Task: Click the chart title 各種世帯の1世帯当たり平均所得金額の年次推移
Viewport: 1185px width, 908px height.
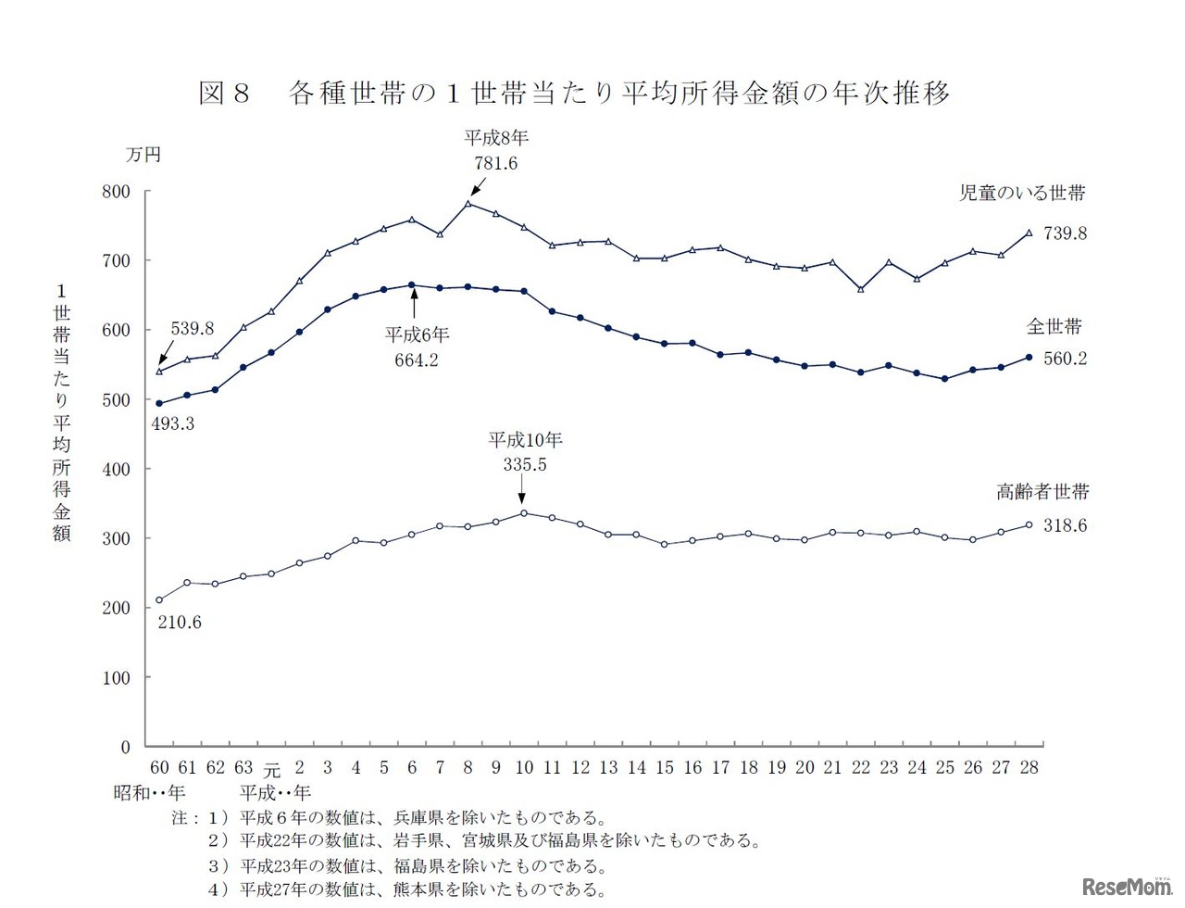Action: click(618, 93)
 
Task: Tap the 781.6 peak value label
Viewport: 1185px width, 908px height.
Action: click(495, 163)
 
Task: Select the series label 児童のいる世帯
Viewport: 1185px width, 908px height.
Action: click(1021, 193)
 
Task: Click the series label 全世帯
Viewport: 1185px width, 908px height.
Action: click(1054, 326)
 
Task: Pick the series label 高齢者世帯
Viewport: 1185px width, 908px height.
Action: click(1042, 492)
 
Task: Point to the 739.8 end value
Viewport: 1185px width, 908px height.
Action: click(1065, 233)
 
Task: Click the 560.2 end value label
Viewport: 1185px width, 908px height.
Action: click(1065, 358)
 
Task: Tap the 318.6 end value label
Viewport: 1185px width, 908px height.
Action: click(1065, 525)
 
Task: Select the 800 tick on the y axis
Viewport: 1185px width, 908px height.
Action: click(118, 192)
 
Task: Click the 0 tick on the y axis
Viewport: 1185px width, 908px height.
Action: click(126, 747)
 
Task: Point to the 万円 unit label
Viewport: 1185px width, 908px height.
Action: click(143, 155)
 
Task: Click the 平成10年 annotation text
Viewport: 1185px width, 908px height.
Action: click(525, 440)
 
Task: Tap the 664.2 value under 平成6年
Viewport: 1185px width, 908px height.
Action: click(417, 359)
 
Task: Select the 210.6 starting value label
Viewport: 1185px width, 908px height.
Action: click(180, 623)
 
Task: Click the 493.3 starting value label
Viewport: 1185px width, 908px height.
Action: click(172, 425)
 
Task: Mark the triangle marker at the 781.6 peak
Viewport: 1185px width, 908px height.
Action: click(468, 204)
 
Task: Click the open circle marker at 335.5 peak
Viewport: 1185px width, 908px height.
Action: click(524, 513)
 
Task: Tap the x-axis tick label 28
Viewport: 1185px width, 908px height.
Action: click(1029, 767)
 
